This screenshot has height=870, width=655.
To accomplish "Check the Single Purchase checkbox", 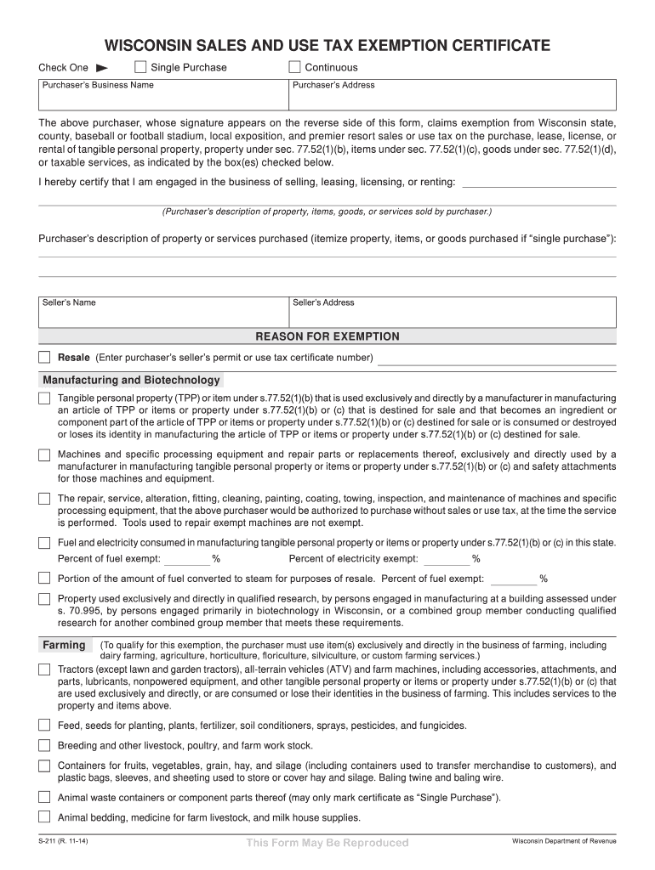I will (141, 67).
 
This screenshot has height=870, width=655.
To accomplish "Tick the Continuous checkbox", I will (295, 67).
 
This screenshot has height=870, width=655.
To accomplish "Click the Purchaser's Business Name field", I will (163, 99).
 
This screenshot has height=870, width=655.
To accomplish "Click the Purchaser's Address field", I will (452, 99).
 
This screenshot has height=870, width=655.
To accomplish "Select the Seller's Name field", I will (163, 316).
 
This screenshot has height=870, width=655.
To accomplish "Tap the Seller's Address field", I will (452, 316).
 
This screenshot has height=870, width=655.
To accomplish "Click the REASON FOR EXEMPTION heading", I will (327, 336).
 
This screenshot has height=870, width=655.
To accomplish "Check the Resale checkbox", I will (44, 358).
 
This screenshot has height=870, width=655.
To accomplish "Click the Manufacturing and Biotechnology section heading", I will (131, 380).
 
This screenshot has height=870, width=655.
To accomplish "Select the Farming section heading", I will (65, 645).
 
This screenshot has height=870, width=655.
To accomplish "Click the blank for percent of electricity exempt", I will (447, 561).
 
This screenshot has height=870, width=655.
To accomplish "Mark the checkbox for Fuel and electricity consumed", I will (44, 543).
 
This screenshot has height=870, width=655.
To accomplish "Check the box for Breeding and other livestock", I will (44, 745).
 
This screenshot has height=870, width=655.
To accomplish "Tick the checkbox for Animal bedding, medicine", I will (44, 817).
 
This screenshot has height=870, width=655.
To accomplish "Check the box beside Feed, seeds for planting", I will (44, 726).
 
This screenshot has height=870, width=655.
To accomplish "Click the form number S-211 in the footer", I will (62, 842).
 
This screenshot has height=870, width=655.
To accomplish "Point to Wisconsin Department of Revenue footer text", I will (563, 841).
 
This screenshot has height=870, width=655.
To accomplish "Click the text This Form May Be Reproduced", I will (327, 843).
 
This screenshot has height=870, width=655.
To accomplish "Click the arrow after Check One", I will (100, 67).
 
